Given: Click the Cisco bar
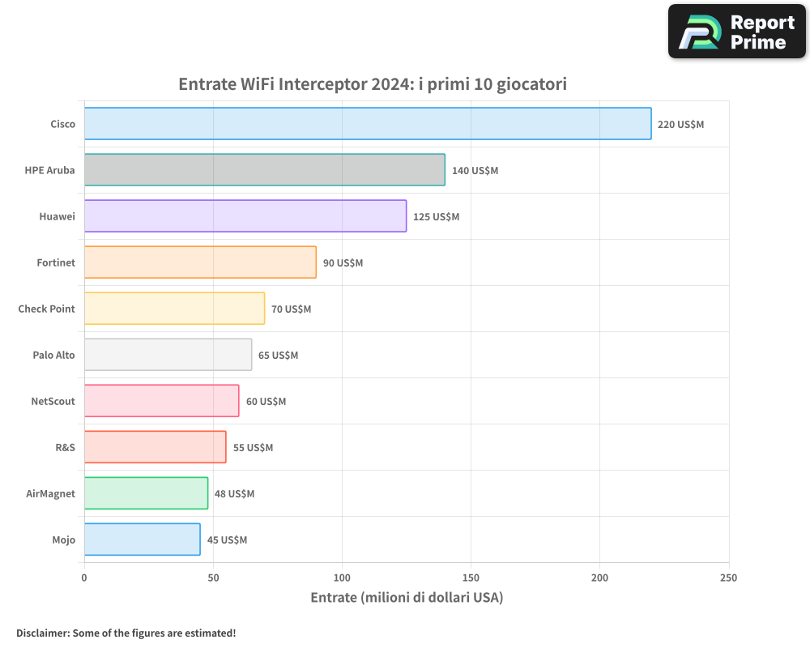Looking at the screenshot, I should [x=368, y=124].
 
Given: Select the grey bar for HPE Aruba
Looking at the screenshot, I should [x=265, y=170].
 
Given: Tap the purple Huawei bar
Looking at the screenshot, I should [x=245, y=216].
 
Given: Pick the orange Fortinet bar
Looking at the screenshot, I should [x=200, y=262].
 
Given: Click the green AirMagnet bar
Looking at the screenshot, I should [x=146, y=493].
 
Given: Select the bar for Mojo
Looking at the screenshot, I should [x=142, y=539].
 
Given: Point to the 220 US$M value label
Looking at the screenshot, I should [x=680, y=125].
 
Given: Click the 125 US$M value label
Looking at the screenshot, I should [x=436, y=217].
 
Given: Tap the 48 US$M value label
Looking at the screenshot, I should [x=234, y=494].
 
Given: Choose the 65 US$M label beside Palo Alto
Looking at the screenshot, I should [x=278, y=356].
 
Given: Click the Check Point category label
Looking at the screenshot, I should [x=46, y=309].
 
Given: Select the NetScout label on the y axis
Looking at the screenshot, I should [x=53, y=401].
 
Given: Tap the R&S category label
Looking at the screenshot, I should [x=65, y=447].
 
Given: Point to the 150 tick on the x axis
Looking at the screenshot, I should [x=471, y=578].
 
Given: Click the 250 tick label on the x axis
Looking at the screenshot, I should [x=728, y=578].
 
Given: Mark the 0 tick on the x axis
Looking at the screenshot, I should [x=84, y=578].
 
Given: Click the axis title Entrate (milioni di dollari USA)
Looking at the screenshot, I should [x=407, y=598].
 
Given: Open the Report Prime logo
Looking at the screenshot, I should [x=736, y=32].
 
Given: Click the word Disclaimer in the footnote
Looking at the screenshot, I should [x=41, y=633].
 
